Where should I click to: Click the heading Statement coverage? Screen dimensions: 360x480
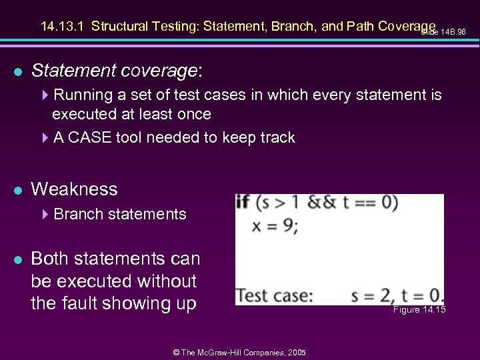[117, 70]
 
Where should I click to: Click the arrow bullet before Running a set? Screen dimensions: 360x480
[45, 95]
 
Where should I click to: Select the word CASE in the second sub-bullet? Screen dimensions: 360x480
[90, 137]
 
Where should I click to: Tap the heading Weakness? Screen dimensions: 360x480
[74, 189]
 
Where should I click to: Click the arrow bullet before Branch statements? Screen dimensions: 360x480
[45, 215]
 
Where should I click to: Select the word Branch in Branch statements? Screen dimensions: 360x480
[75, 214]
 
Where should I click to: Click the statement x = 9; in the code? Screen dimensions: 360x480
[275, 225]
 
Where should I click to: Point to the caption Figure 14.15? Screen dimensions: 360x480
[419, 310]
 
